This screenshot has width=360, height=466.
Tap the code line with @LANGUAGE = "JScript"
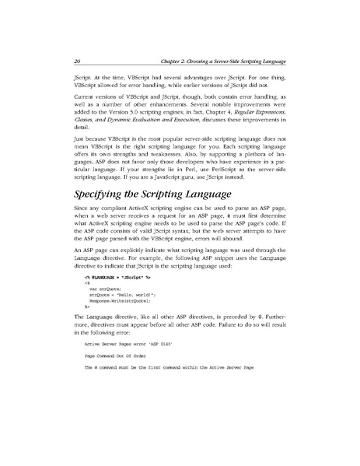pos(113,298)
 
